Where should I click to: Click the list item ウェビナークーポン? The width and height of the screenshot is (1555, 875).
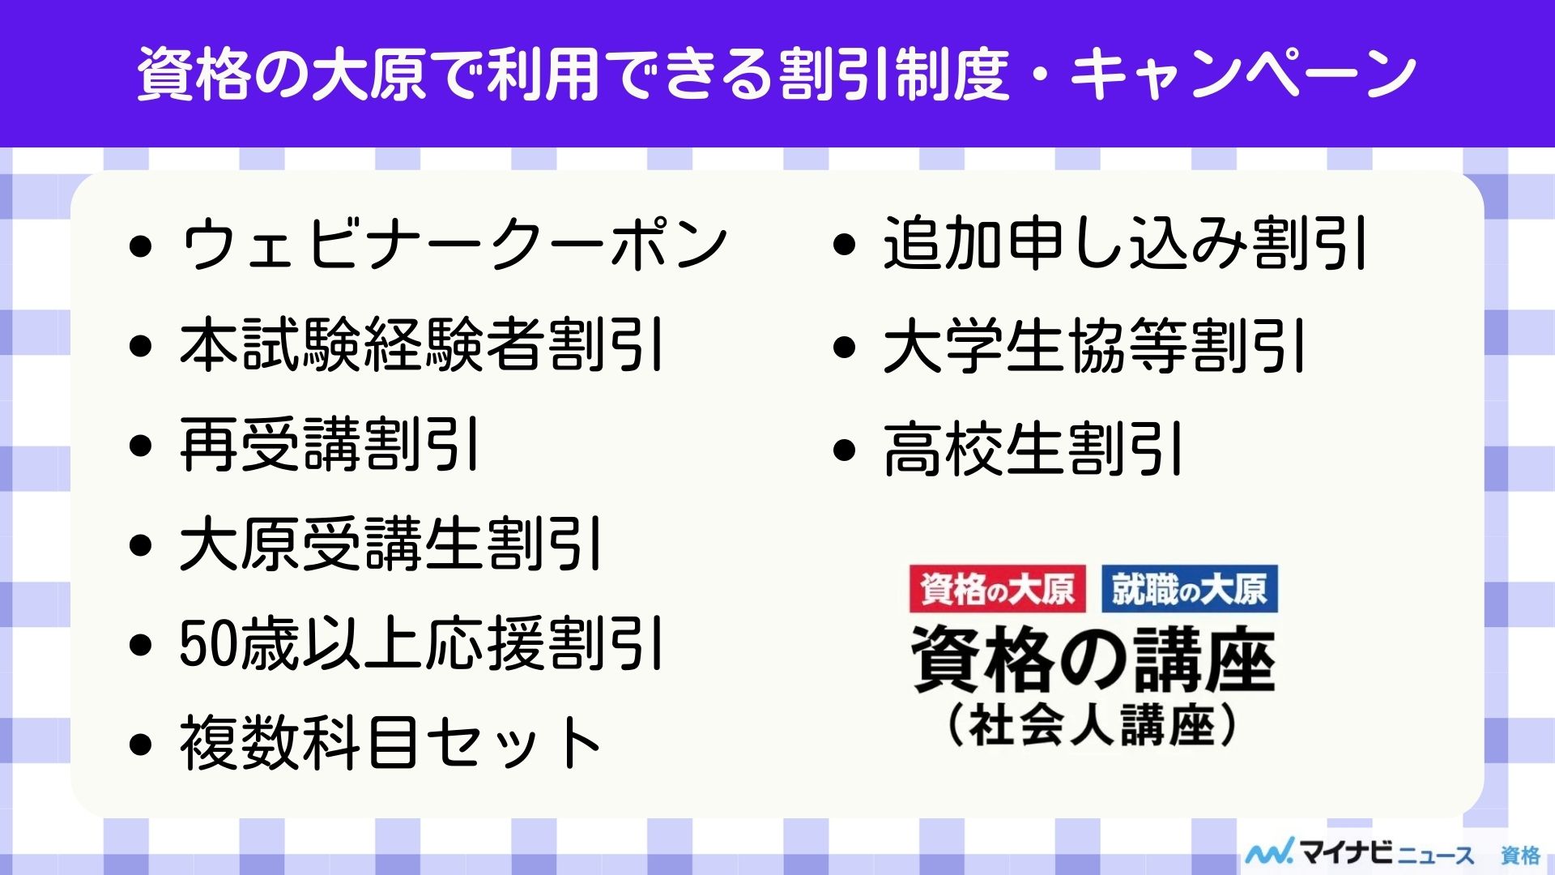tap(454, 245)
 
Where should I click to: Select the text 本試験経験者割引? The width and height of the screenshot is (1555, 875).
tap(422, 345)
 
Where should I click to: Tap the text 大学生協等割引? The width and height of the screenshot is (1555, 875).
tap(1094, 347)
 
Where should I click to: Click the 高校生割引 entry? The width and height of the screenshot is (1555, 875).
tap(1033, 449)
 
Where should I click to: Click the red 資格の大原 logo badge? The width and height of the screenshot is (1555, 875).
tap(997, 589)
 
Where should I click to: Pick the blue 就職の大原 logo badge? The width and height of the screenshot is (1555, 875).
tap(1189, 589)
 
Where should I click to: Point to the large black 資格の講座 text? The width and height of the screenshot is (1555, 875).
tap(1093, 659)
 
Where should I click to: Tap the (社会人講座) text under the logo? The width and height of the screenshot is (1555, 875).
tap(1093, 725)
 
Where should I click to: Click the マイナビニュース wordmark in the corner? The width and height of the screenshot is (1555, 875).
tap(1361, 853)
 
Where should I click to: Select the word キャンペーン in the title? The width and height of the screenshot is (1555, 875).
tap(1243, 74)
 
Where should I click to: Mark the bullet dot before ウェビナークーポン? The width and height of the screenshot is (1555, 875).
tap(141, 246)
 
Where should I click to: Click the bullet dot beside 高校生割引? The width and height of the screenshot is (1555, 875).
tap(844, 450)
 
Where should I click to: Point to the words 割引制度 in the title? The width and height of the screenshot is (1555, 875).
tap(895, 74)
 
